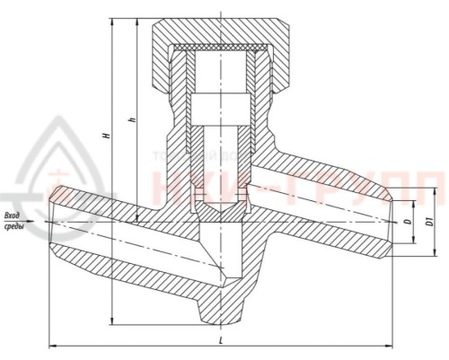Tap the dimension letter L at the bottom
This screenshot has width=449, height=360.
click(222, 337)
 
